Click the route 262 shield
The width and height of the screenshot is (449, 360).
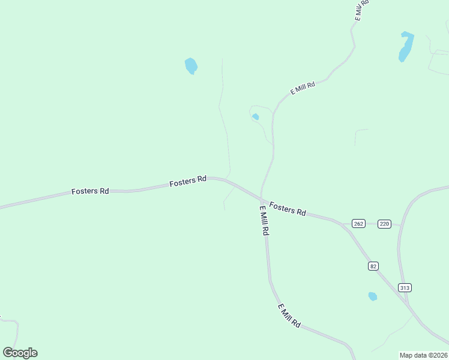pos(358,224)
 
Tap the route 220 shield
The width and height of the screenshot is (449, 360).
pos(385,224)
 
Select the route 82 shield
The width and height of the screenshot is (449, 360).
pos(374,266)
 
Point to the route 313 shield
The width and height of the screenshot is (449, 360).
pos(405,288)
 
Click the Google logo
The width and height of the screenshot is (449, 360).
pos(20,353)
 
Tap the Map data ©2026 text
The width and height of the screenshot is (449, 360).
pos(424,355)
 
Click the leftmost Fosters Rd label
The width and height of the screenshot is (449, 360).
pos(90,191)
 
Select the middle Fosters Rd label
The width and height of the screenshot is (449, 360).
pos(188,181)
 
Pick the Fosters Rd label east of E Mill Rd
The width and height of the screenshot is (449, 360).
pos(288,209)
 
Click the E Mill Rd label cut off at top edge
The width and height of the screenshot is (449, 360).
pos(361,11)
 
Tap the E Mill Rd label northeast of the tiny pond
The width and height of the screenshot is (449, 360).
pos(303,88)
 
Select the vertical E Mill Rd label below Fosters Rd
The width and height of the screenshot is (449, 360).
pos(264,221)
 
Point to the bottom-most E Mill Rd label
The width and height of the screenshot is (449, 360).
pos(289,315)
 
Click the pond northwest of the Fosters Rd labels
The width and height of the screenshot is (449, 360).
pos(191,65)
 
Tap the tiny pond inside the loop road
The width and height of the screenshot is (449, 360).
pos(256,116)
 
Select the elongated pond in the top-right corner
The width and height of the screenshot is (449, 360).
pos(406,46)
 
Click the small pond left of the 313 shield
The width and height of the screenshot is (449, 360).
pos(372,296)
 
